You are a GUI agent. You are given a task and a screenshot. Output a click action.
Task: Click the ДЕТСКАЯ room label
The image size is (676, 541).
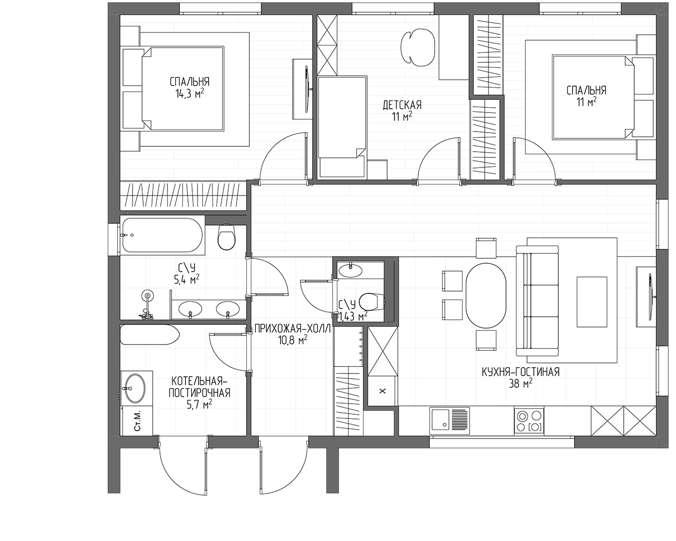point(402,105)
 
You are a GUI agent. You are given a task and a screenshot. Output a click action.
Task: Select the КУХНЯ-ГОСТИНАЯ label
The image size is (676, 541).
point(521,372)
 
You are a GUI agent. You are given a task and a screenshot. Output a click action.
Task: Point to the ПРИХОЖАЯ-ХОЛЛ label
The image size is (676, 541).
point(293,329)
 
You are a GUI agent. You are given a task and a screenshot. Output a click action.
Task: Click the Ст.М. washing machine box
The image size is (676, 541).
point(137,421)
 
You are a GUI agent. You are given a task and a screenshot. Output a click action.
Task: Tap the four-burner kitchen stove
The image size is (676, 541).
point(529,421)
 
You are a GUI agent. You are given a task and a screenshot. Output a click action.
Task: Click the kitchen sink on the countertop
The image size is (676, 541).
point(450,421)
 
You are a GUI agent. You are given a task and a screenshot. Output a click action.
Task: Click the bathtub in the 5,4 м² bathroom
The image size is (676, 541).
point(162,235)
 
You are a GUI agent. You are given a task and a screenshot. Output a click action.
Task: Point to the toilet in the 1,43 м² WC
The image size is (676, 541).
point(371,302)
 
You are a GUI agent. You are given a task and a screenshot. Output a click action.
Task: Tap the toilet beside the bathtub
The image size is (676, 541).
point(227,237)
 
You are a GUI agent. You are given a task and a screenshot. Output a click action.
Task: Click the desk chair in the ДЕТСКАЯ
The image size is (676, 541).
point(418,47)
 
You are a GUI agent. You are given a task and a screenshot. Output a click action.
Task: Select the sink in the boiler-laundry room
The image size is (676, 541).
point(135,388)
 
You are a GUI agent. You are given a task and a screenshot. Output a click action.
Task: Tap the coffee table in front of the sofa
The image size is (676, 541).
point(592,302)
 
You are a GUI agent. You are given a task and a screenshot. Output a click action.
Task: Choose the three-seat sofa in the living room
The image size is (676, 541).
point(538,301)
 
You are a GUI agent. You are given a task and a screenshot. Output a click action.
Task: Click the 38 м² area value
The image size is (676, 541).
point(521,384)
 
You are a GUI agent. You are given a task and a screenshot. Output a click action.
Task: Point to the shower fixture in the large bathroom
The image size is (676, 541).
point(147,305)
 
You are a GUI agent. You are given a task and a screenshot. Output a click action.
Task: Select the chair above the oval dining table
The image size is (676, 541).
point(486,248)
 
